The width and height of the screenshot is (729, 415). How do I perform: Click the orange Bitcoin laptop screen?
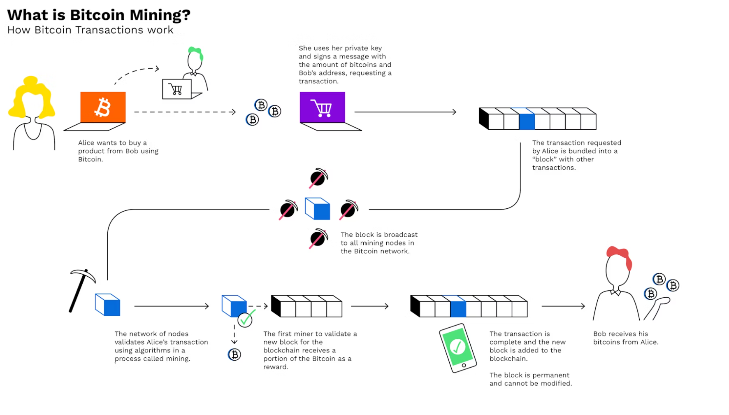(x=103, y=107)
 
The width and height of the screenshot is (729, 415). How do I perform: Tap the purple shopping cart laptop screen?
(x=322, y=107)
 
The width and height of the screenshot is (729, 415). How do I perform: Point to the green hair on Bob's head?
(x=196, y=52)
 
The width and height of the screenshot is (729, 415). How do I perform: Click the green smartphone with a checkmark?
(x=457, y=347)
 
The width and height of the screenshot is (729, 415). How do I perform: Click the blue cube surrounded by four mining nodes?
(x=318, y=209)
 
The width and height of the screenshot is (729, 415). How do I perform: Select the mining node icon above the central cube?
(x=318, y=178)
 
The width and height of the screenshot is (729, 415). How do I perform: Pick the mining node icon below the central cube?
(x=318, y=238)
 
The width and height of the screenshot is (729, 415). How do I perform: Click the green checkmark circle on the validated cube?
(x=245, y=319)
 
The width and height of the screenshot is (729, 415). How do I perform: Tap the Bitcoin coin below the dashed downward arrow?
(x=234, y=354)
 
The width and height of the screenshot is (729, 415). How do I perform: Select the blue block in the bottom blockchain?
(x=458, y=309)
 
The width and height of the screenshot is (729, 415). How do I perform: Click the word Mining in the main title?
(x=160, y=15)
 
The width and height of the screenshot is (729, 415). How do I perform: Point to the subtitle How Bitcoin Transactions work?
(x=90, y=30)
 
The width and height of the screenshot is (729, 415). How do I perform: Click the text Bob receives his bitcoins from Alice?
(x=625, y=338)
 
